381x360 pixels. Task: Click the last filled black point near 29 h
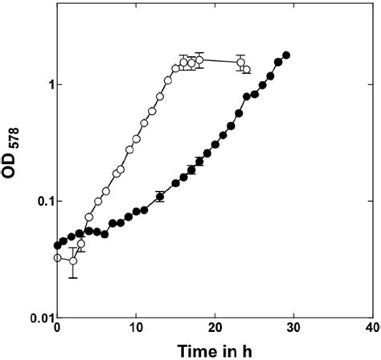point(286,55)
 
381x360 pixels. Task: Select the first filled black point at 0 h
point(57,245)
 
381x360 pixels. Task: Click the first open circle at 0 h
point(57,258)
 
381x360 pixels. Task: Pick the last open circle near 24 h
point(246,70)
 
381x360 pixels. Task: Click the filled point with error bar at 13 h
point(160,196)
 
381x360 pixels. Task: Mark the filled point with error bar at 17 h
point(191,169)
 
